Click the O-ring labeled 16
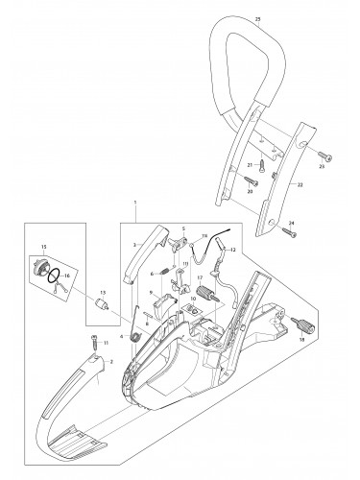point(60,276)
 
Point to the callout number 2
point(111,361)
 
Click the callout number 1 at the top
point(135,204)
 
